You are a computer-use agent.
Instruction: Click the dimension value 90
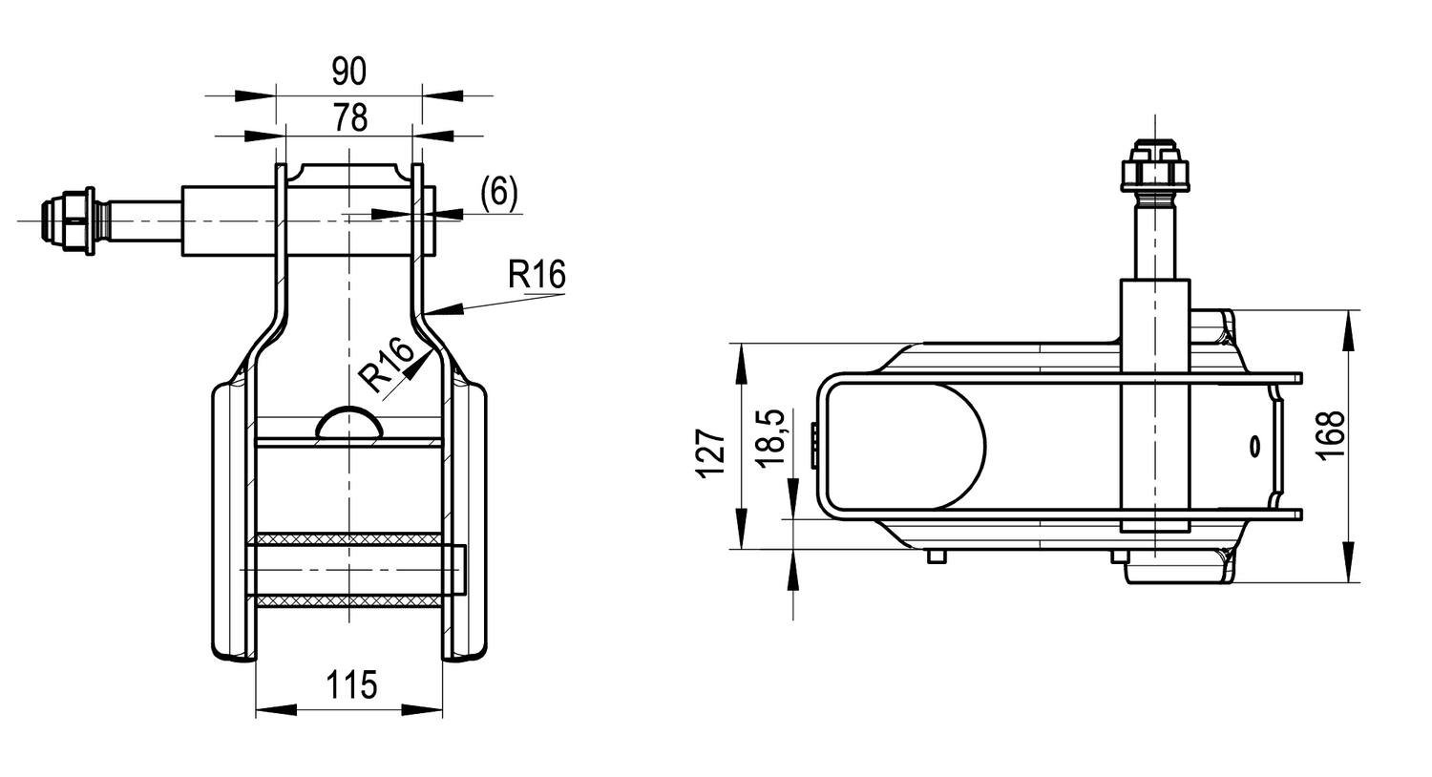click(x=348, y=72)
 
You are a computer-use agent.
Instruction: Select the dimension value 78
click(x=350, y=118)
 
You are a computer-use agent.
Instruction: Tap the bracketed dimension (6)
click(x=498, y=193)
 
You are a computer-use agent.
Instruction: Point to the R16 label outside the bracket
click(x=537, y=275)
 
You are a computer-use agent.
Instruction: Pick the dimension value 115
click(x=352, y=684)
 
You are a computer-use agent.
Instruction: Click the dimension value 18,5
click(x=769, y=436)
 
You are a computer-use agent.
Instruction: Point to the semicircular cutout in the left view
click(x=349, y=424)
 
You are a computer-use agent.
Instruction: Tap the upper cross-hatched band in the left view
click(x=348, y=539)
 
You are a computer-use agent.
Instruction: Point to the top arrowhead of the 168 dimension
click(x=1348, y=329)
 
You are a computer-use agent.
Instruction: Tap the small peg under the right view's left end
click(x=937, y=556)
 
